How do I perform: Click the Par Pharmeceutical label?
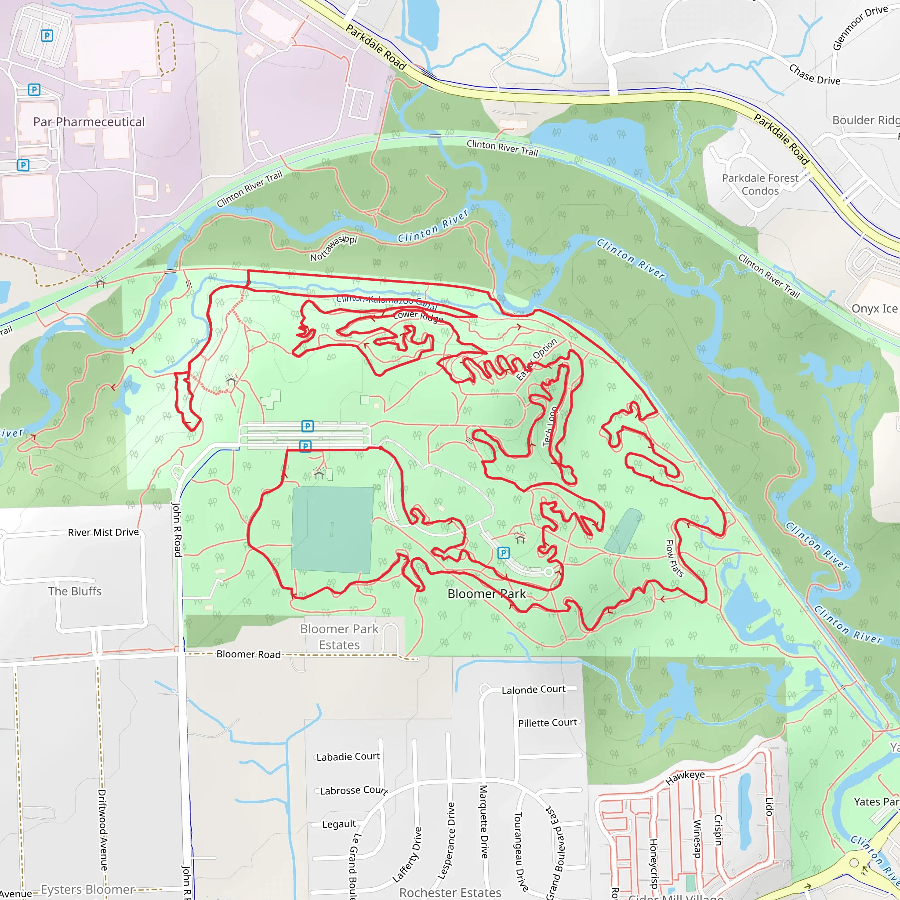click(x=89, y=122)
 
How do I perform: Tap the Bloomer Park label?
click(x=486, y=594)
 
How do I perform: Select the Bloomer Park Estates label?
click(x=339, y=637)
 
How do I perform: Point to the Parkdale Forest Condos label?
click(x=760, y=185)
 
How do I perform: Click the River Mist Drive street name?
click(x=103, y=533)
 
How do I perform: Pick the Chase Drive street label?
click(x=814, y=75)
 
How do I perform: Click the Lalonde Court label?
click(x=533, y=690)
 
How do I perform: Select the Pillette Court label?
click(x=548, y=722)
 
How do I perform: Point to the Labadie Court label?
click(x=348, y=757)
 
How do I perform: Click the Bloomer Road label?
click(x=249, y=654)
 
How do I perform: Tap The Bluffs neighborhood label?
click(x=75, y=591)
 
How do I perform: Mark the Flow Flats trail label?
click(x=674, y=558)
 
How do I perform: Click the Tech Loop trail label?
click(x=550, y=427)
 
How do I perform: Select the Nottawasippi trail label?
click(x=334, y=248)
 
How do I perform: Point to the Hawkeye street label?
click(x=685, y=777)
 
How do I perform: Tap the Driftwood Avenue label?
click(x=102, y=830)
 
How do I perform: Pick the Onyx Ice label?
click(x=874, y=308)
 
